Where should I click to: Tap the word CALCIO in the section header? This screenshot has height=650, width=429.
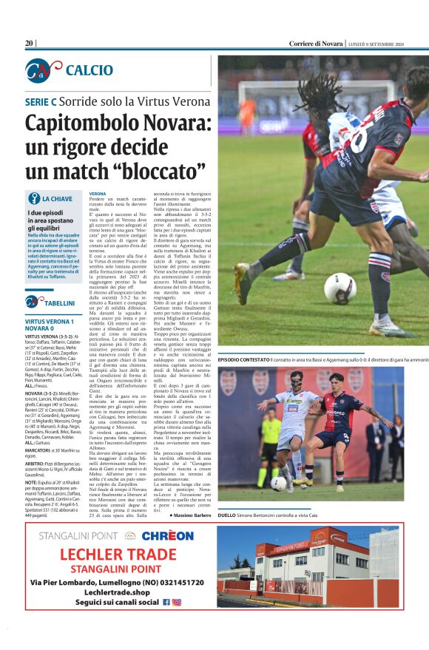(x=89, y=70)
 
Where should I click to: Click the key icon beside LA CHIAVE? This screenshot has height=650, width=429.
(x=33, y=198)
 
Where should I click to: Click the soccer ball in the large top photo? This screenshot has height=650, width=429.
(x=339, y=288)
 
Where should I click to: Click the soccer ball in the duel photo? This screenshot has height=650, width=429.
(x=277, y=483)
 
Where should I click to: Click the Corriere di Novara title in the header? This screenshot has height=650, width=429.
(x=316, y=44)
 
